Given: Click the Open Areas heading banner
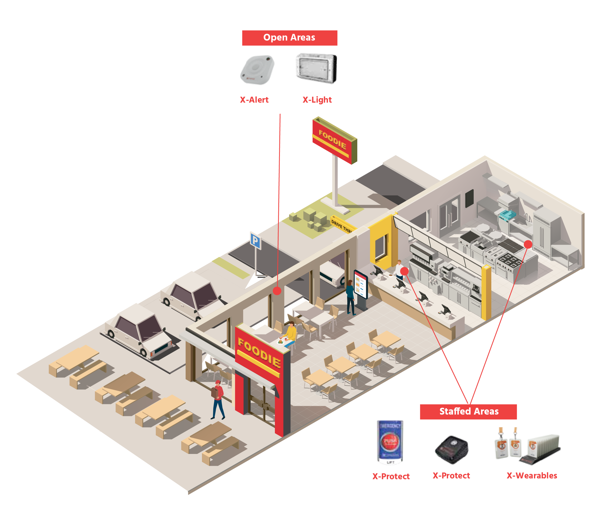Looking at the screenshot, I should click(289, 38).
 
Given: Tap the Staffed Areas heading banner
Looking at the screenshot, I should click(468, 411).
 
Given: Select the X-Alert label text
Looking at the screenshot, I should click(254, 100).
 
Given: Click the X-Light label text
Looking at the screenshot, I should click(317, 100).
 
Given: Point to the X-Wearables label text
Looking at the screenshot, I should click(532, 476).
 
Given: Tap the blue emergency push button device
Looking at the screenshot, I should click(390, 442).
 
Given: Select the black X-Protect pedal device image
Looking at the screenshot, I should click(452, 449).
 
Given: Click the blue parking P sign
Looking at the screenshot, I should click(255, 241).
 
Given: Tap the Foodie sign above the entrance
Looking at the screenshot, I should click(259, 353).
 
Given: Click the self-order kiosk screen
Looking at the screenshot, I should click(361, 284).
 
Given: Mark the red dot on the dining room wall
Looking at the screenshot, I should click(277, 291).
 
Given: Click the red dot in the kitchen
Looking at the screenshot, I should click(528, 244).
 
